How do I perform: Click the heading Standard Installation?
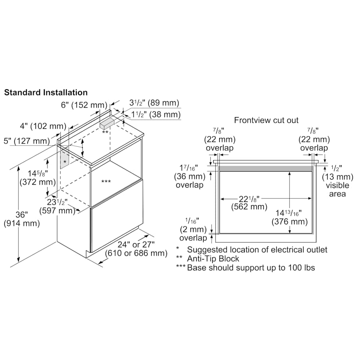(46, 92)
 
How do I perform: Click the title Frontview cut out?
(266, 120)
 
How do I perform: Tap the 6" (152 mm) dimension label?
(84, 105)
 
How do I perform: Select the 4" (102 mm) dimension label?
(43, 126)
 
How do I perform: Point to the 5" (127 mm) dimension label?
(27, 141)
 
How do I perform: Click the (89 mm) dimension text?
(163, 103)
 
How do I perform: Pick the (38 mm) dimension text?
(165, 114)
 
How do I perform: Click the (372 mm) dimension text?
(38, 182)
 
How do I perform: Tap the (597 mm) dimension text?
(57, 210)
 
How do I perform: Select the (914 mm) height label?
(22, 223)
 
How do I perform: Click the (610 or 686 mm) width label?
(136, 253)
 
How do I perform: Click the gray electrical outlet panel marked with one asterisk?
(64, 159)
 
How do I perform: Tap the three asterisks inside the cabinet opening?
(106, 182)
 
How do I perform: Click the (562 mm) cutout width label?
(249, 207)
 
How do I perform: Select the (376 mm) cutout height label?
(290, 222)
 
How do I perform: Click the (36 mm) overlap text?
(190, 176)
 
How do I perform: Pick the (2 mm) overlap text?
(193, 229)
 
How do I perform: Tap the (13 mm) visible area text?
(338, 177)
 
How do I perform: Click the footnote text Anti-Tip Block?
(213, 259)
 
